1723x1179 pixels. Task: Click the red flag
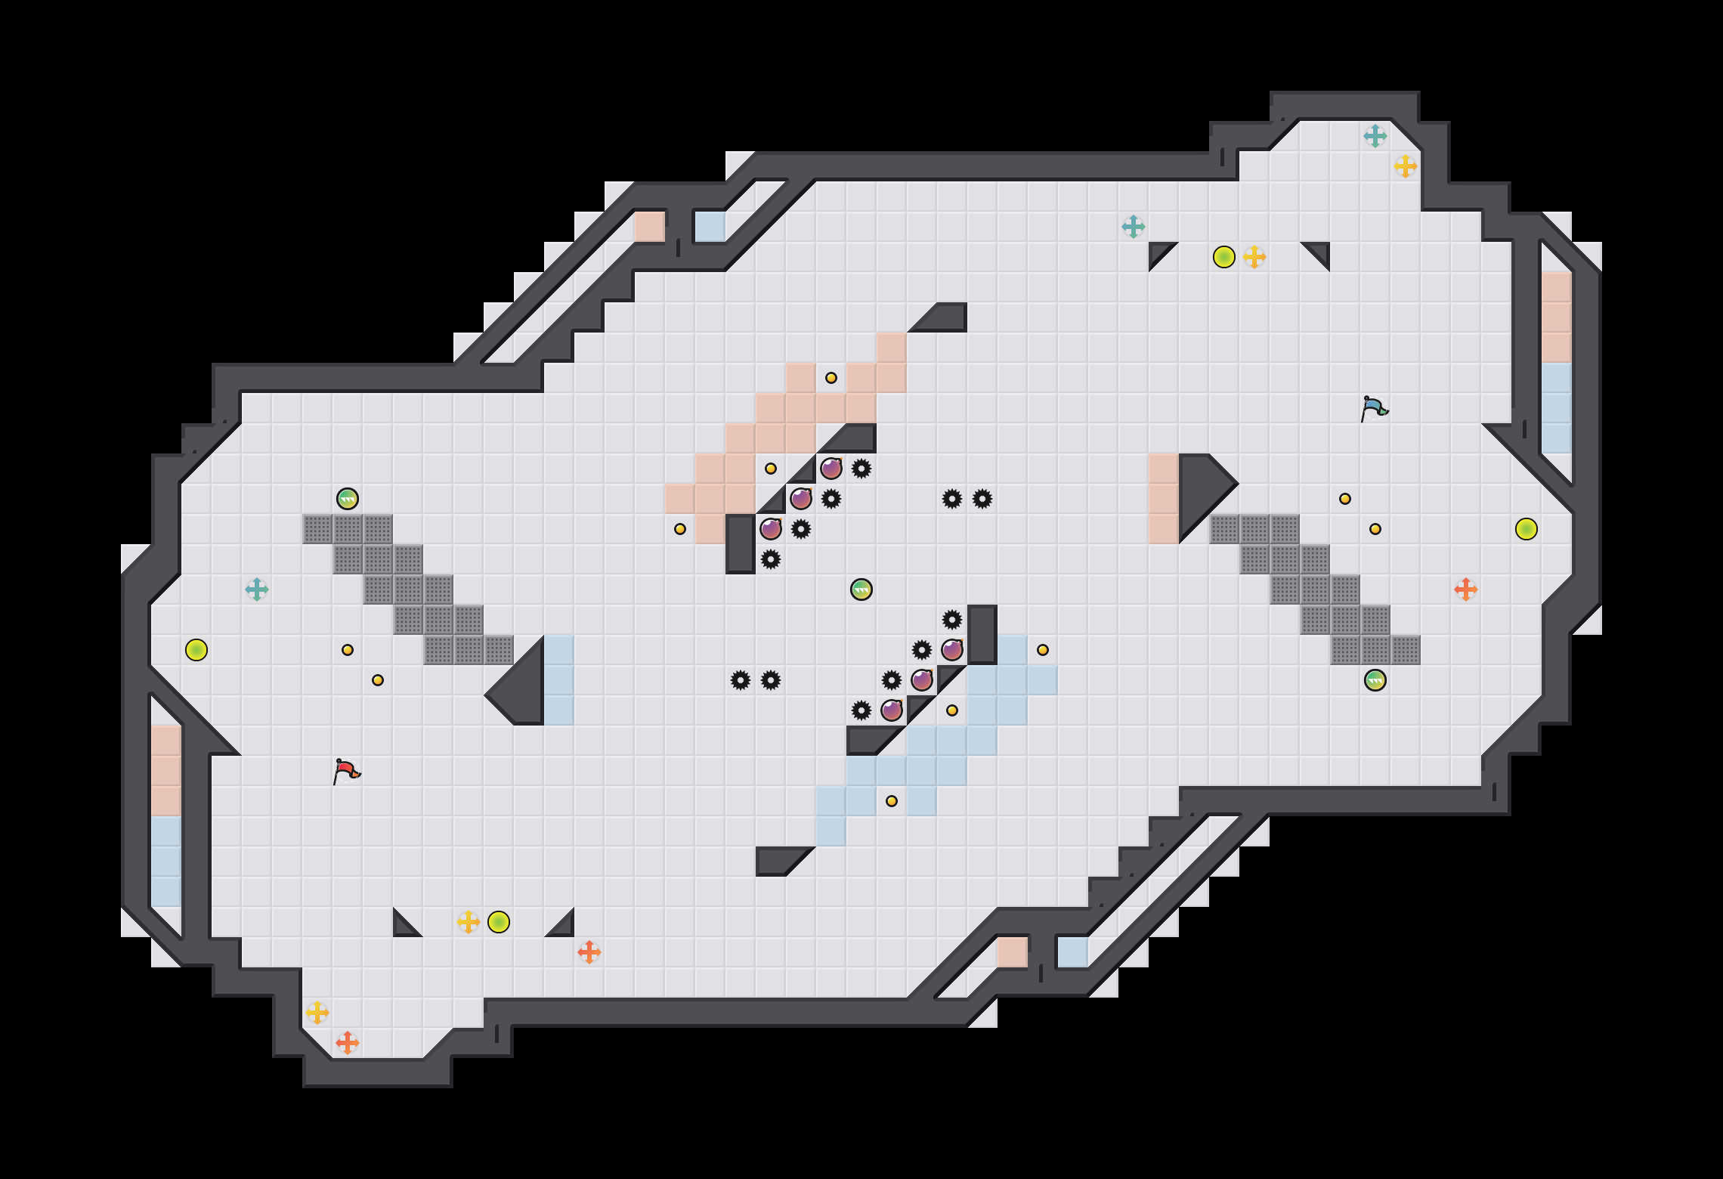coord(346,771)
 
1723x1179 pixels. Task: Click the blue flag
coord(1374,408)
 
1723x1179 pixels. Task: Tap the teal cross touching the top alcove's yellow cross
coord(1375,136)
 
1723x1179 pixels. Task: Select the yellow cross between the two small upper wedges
coord(1254,257)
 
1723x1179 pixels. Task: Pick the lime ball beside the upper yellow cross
coord(1224,257)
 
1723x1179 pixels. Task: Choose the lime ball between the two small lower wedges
coord(499,922)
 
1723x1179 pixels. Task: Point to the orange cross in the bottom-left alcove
coord(348,1043)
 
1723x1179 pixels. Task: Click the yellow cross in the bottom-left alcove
coord(317,1013)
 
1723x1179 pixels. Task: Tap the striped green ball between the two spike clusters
coord(861,589)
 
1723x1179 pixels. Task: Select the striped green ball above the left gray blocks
coord(348,499)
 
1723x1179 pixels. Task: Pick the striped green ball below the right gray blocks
coord(1375,680)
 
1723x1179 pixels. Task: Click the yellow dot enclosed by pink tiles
coord(831,378)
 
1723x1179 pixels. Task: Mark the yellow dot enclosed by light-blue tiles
coord(892,801)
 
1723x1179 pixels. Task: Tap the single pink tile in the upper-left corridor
coord(650,227)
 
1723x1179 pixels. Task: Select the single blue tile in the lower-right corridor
coord(1073,952)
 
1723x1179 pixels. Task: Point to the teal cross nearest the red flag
coord(257,589)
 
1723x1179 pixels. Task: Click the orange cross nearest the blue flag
coord(1466,589)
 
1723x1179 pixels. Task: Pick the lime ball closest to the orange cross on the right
coord(1527,529)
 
